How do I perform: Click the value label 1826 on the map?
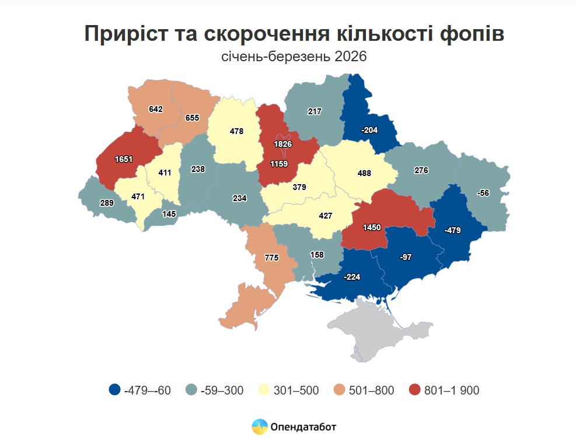283,144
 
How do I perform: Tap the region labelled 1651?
124,159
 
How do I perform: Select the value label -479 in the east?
452,230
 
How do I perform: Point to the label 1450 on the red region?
372,226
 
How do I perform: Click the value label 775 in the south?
272,257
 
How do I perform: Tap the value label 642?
156,109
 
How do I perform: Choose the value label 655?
192,118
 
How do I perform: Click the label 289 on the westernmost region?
107,203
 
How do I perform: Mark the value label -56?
483,193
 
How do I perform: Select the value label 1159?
278,164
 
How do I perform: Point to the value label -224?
352,276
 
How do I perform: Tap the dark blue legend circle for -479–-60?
115,390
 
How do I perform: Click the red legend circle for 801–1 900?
415,390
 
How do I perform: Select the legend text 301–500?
296,390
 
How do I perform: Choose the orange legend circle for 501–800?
339,390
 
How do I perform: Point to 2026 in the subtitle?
351,57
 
